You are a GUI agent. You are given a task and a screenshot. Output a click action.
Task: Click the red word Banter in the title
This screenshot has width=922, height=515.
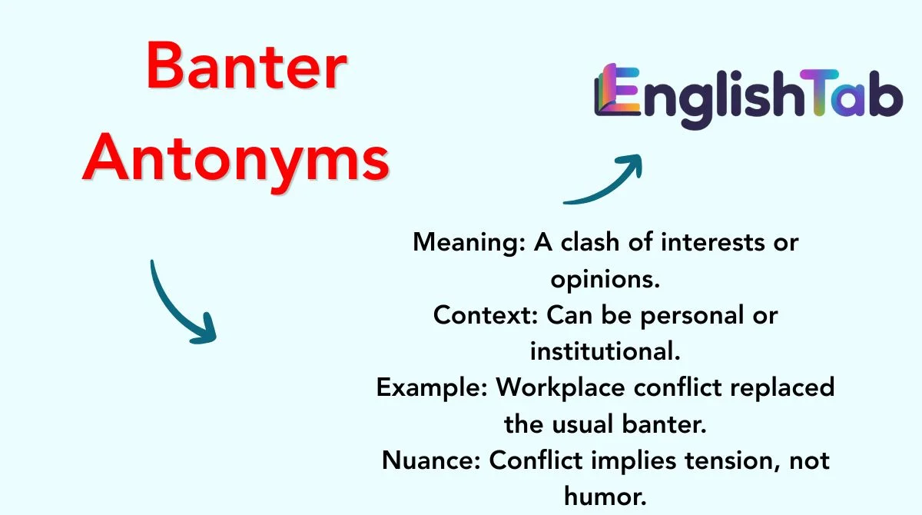coord(246,66)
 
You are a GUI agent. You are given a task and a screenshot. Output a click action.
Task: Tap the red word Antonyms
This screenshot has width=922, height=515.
coord(236,161)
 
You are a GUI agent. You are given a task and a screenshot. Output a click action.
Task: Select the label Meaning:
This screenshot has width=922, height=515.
coord(469,243)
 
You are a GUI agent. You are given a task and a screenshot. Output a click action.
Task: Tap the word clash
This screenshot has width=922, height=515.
coord(590,242)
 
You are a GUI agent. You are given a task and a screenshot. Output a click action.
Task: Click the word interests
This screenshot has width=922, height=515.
coord(711,242)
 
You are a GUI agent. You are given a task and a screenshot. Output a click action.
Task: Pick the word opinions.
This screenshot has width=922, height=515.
coord(605,280)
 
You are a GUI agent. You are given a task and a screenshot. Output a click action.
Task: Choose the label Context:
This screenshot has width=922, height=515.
coord(486,315)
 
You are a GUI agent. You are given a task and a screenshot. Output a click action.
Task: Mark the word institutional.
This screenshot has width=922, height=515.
coord(605,351)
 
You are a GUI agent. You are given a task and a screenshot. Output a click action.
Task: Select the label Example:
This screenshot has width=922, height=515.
coord(432,388)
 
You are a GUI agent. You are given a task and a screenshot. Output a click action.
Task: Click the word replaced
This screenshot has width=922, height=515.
coord(782,388)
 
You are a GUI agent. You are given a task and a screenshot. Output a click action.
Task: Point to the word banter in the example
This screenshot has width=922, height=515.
coord(664,424)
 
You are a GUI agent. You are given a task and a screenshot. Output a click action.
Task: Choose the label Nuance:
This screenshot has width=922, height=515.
coord(431,460)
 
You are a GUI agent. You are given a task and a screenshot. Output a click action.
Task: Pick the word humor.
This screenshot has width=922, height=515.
coord(605,497)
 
